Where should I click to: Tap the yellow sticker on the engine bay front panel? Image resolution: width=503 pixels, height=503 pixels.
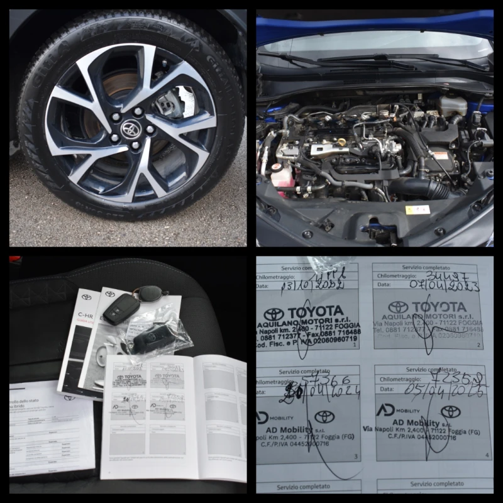(x=417, y=209)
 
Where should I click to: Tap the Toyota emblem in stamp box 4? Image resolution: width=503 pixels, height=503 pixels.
(x=450, y=411)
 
